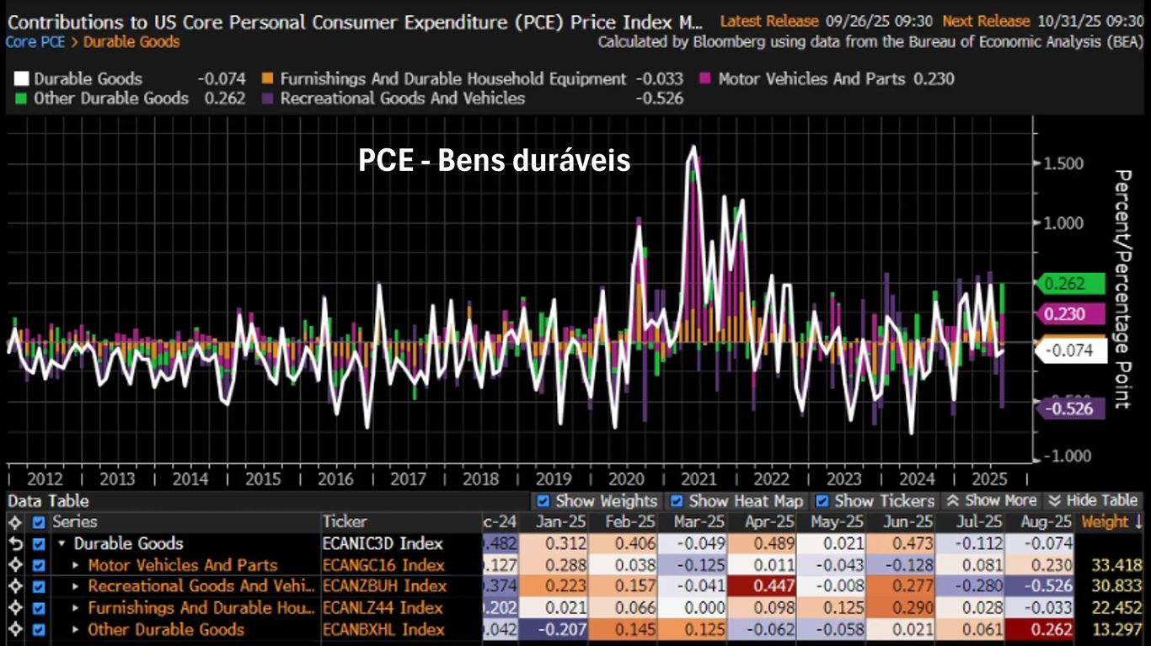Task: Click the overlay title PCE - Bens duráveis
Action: point(494,160)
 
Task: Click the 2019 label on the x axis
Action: point(553,479)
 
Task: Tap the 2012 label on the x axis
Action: point(45,479)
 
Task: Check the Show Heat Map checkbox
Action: point(677,501)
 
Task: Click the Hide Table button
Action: point(1093,501)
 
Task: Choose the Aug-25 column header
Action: point(1045,522)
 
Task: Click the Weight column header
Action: point(1111,522)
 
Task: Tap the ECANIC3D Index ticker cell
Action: point(383,544)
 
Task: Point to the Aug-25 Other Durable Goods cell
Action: point(1045,630)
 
